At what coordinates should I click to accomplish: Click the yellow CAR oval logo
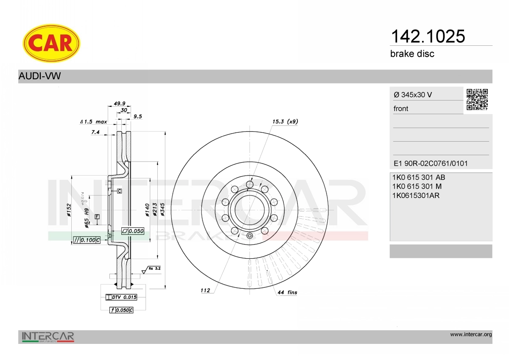tap(51, 43)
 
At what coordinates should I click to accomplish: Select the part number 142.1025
tap(428, 36)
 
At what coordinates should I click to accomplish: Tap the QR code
tap(477, 100)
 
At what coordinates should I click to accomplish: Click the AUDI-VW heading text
tap(39, 76)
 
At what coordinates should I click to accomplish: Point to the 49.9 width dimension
tap(120, 103)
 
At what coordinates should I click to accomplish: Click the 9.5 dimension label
tap(138, 117)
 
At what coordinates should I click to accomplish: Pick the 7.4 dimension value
tap(95, 132)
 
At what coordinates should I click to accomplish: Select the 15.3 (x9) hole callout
tap(285, 122)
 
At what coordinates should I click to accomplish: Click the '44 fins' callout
tap(287, 293)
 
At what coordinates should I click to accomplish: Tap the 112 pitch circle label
tap(205, 290)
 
